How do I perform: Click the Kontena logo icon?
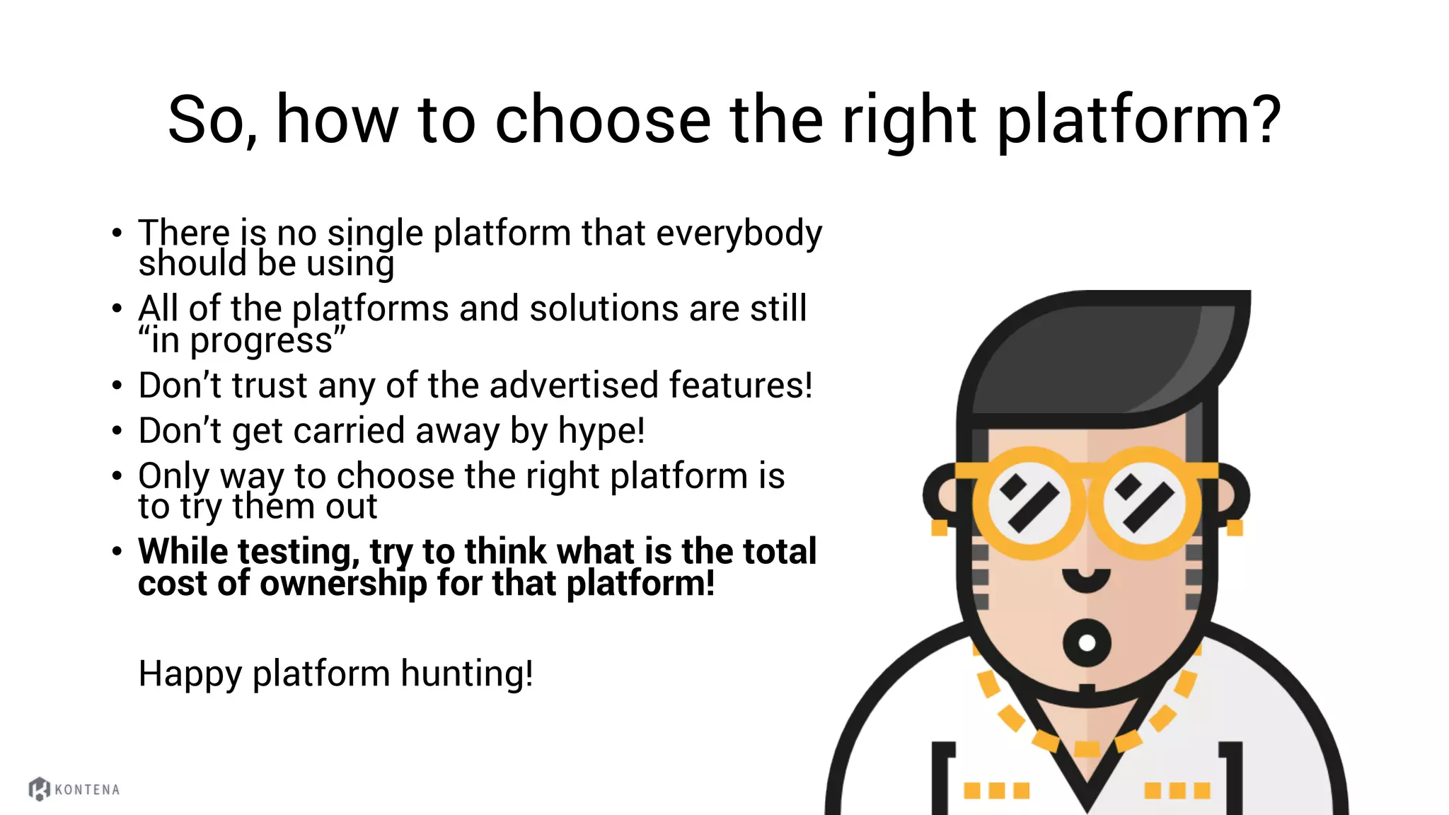point(39,789)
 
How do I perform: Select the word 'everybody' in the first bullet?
point(739,234)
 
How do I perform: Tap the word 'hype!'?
point(601,432)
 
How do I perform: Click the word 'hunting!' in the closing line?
point(467,674)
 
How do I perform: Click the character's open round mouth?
point(1087,642)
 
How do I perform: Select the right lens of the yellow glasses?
point(1144,503)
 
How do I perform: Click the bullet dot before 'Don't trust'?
point(117,386)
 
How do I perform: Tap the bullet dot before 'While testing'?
point(117,552)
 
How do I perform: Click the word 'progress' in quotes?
point(261,342)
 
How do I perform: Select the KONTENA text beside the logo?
point(87,790)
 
